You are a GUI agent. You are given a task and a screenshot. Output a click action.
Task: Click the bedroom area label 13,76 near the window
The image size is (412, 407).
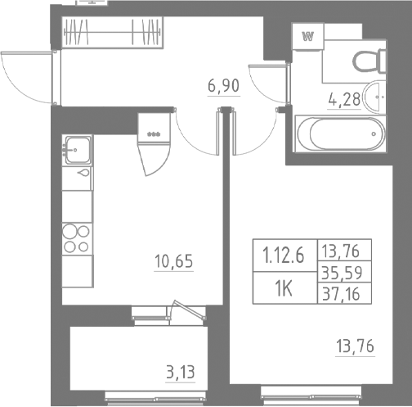355,346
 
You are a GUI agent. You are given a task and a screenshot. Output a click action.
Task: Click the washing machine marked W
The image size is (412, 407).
309,37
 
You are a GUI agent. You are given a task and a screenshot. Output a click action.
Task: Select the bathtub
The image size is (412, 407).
338,131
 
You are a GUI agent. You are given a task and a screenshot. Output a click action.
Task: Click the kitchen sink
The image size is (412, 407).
78,149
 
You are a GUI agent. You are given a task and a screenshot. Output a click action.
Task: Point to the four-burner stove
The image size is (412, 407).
77,237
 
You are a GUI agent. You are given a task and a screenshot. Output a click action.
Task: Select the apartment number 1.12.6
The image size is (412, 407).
283,254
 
